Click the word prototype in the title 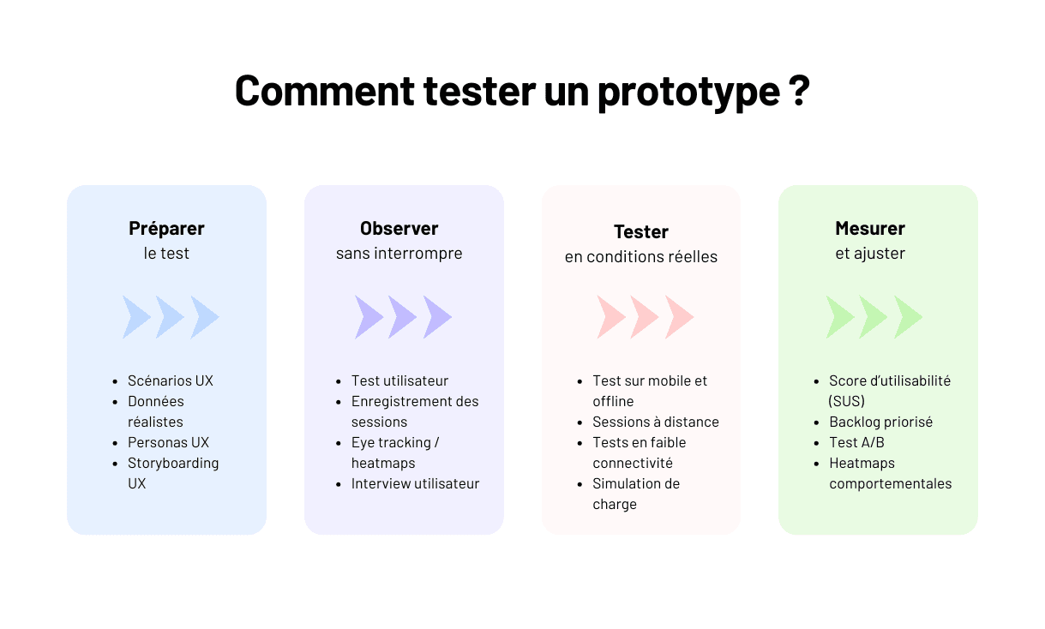(676, 91)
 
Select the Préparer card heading (166, 228)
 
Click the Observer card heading (399, 228)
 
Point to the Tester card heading (640, 231)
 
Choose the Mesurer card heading (870, 228)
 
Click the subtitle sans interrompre (399, 254)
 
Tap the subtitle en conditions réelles (640, 257)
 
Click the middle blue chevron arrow (170, 317)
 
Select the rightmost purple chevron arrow (436, 317)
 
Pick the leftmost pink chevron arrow (610, 317)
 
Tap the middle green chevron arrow (873, 317)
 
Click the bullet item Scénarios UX (170, 380)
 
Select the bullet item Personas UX (168, 442)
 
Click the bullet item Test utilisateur (399, 380)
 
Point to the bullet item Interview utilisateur (415, 483)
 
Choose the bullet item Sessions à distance (655, 422)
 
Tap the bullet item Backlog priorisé (880, 422)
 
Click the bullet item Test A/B (856, 442)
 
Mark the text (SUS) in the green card (847, 401)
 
